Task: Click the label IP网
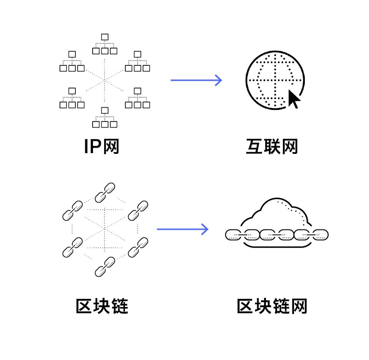[102, 147]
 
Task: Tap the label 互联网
[272, 147]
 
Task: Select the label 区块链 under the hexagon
[102, 306]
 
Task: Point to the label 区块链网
[272, 306]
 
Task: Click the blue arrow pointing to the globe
[196, 80]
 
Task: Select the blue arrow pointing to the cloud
[183, 230]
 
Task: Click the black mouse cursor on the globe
[294, 99]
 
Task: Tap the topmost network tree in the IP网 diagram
[105, 44]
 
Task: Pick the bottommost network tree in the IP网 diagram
[105, 117]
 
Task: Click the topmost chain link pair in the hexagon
[105, 192]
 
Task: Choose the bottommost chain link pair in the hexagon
[105, 267]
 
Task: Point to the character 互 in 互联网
[254, 147]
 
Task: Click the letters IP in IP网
[93, 147]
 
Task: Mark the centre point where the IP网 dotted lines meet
[105, 80]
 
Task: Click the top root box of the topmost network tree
[105, 37]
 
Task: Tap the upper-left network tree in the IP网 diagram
[72, 62]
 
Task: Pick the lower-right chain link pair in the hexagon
[138, 247]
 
